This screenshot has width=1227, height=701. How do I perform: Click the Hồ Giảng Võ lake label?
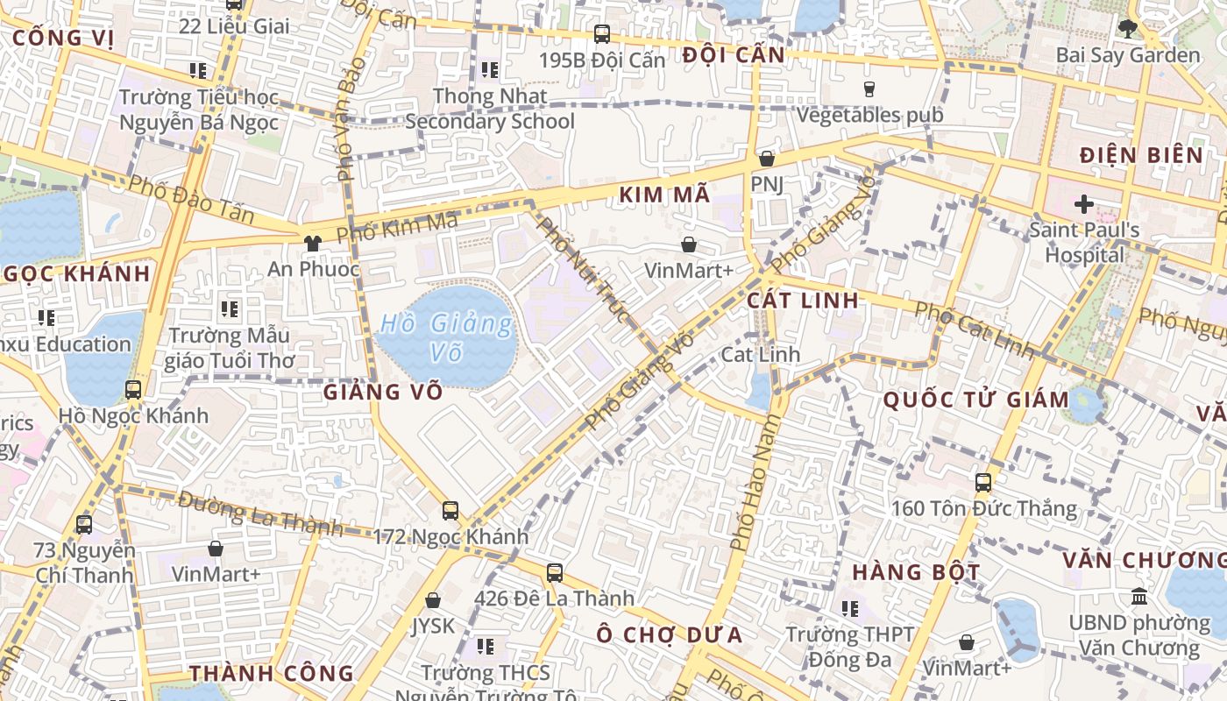point(446,337)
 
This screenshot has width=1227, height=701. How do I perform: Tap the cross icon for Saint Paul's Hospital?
point(1084,205)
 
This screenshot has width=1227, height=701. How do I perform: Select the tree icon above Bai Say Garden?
point(1128,29)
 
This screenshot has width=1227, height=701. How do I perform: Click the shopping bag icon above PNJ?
point(767,159)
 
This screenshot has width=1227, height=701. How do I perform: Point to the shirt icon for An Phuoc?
point(312,244)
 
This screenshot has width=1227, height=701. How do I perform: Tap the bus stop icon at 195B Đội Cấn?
point(602,34)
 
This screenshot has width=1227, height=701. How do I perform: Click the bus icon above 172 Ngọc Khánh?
point(450,510)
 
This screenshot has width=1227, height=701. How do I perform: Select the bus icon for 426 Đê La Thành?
point(555,573)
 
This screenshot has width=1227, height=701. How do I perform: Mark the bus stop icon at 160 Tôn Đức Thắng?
point(983,482)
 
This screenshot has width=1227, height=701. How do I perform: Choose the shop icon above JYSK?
point(433,600)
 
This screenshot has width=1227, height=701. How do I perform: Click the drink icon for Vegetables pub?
point(869,89)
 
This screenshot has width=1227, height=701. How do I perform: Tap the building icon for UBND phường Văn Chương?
point(1139,597)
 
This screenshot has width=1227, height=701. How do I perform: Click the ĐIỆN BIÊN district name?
point(1141,156)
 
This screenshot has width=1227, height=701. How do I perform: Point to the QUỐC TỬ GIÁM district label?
point(975,400)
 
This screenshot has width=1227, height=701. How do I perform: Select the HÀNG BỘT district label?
point(917,573)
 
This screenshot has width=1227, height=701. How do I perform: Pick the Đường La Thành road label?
point(259,513)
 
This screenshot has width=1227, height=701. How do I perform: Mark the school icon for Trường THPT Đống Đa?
point(850,608)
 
